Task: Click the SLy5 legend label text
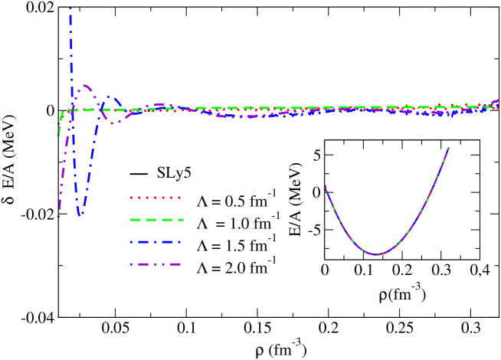[174, 173]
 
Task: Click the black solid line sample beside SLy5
[139, 174]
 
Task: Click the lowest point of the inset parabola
[376, 254]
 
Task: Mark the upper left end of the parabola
[326, 186]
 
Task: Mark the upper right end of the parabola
[449, 147]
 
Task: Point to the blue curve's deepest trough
[80, 215]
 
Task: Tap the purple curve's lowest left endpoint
[58, 217]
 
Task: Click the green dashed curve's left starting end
[59, 135]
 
